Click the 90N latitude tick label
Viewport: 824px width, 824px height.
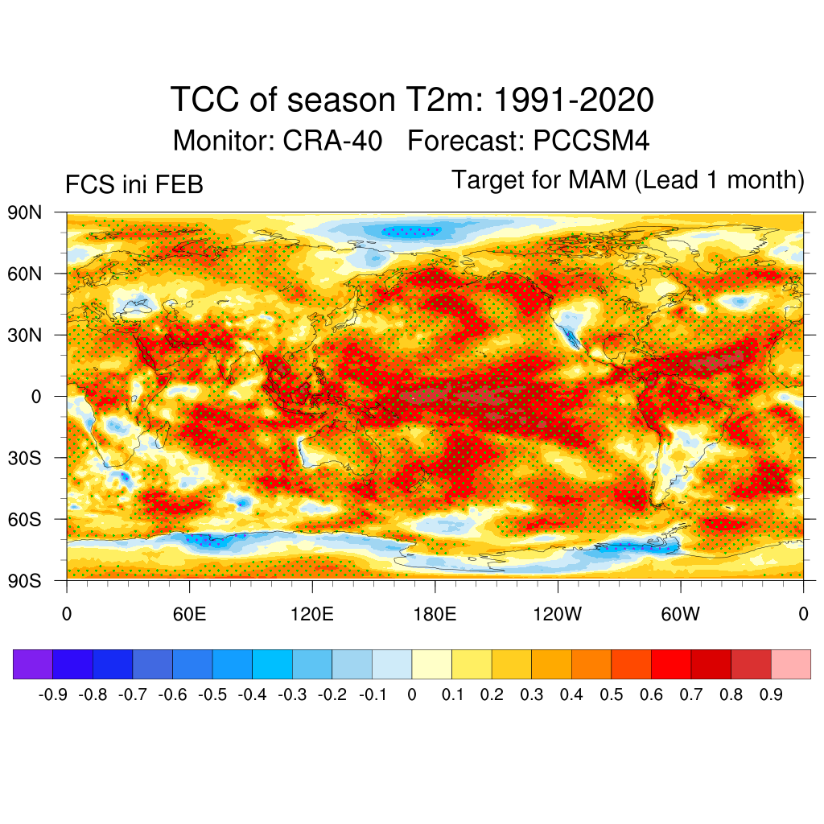tap(24, 212)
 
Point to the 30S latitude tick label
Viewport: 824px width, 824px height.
tap(24, 458)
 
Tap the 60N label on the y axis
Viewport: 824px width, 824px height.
tap(24, 274)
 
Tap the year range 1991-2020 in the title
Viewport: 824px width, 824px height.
tap(572, 101)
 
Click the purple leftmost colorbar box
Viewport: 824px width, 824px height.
tap(33, 664)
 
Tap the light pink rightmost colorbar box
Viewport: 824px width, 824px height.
tap(790, 664)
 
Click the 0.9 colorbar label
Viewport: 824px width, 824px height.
tap(771, 694)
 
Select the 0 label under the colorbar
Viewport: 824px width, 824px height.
tap(412, 694)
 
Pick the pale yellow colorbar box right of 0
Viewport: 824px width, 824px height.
tap(431, 664)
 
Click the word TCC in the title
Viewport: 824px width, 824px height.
tap(204, 101)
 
